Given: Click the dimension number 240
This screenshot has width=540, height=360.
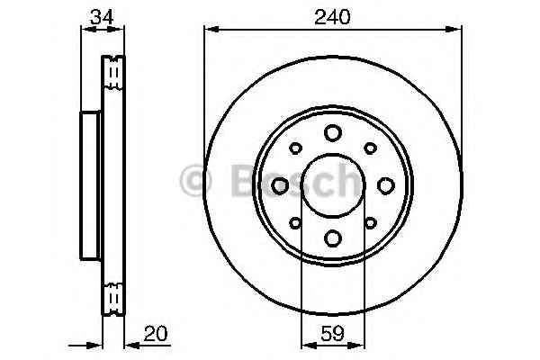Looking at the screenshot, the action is point(332,17).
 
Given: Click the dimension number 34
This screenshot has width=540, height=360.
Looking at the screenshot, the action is point(102,17).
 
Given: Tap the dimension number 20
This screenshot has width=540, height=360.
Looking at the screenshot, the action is point(156,334).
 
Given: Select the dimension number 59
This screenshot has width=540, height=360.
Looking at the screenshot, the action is point(332,334).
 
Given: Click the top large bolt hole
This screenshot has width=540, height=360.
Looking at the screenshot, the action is point(333,133).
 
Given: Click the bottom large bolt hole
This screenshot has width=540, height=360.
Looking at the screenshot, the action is point(333,238).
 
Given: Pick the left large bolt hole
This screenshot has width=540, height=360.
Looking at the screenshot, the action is point(280,185).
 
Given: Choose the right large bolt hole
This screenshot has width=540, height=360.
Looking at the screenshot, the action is point(386,185).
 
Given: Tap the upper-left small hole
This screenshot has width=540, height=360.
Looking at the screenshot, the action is point(295,148).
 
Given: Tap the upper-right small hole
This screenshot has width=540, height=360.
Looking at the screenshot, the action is point(370,148).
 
